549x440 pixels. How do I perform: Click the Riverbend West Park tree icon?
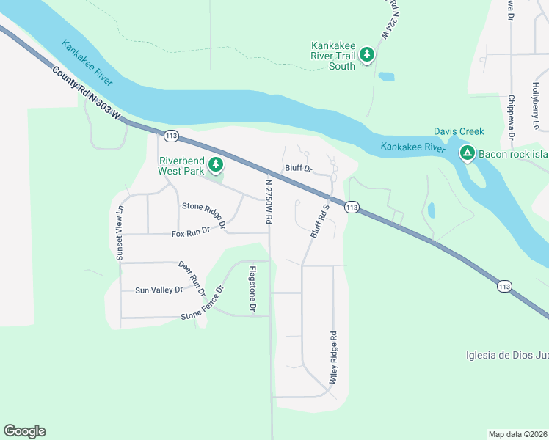pos(216,164)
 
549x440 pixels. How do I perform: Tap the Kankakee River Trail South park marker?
pos(367,54)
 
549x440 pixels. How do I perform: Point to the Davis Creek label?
pos(459,131)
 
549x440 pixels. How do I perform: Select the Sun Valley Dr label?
pos(159,290)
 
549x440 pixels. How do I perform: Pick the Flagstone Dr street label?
pos(252,290)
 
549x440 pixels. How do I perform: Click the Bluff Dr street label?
pos(298,169)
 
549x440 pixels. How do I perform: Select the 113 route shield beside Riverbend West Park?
pos(172,136)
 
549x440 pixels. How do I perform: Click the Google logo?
pos(24,431)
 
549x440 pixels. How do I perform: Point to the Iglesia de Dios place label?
pos(507,356)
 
